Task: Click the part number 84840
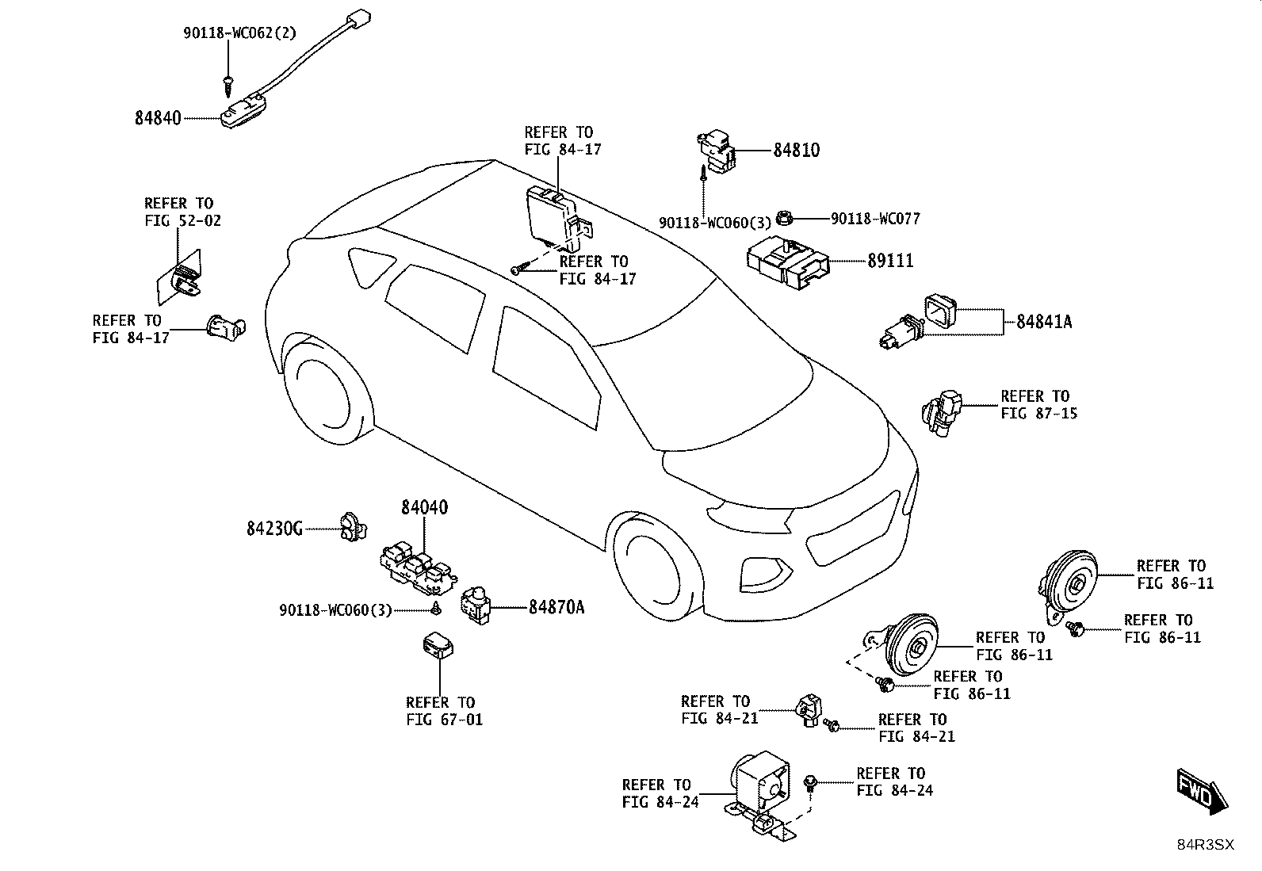(x=158, y=118)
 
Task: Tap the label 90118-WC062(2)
(x=239, y=32)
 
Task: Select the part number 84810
(x=796, y=150)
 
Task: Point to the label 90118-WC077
(x=875, y=219)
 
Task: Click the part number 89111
(x=890, y=261)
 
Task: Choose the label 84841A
(x=1044, y=322)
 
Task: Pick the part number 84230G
(x=274, y=529)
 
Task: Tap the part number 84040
(x=424, y=507)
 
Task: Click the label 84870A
(x=556, y=607)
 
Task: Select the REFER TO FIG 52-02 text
(x=182, y=212)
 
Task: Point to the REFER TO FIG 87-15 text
(x=1039, y=404)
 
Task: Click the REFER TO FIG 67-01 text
(x=444, y=711)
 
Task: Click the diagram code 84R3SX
(x=1205, y=845)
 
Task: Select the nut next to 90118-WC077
(x=783, y=217)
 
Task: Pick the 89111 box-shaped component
(x=788, y=263)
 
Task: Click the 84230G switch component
(x=354, y=527)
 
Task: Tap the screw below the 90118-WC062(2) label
(x=228, y=85)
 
